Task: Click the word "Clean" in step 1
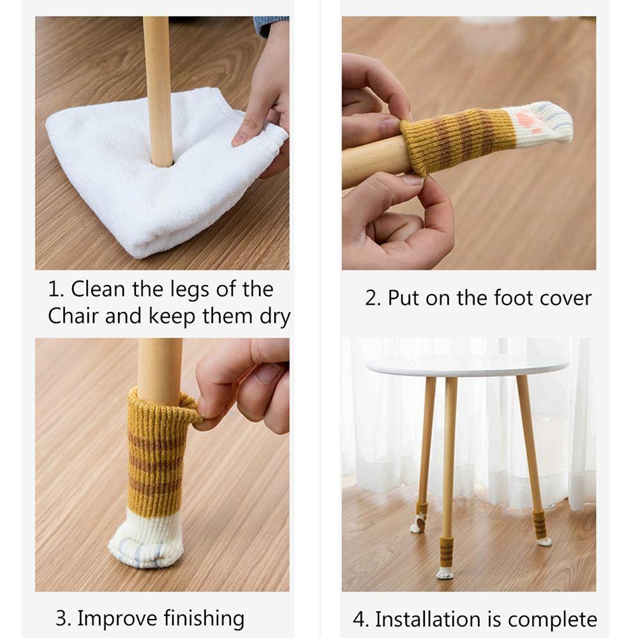click(x=98, y=289)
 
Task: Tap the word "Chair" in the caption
click(x=73, y=316)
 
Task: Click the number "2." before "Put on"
click(x=373, y=298)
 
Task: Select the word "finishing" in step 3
click(x=204, y=619)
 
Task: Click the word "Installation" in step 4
click(x=427, y=619)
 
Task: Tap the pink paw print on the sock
click(x=526, y=122)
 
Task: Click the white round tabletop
click(x=467, y=365)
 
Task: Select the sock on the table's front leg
click(x=446, y=557)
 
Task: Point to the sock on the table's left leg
click(x=420, y=517)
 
